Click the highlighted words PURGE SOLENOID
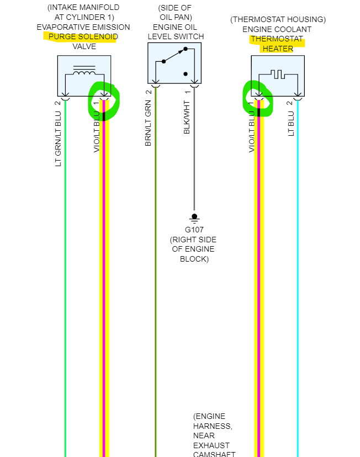pyautogui.click(x=83, y=37)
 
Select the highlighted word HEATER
pyautogui.click(x=278, y=49)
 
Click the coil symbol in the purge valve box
pyautogui.click(x=84, y=73)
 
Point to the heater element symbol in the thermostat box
pyautogui.click(x=277, y=73)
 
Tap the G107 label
pyautogui.click(x=194, y=230)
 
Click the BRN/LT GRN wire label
pyautogui.click(x=148, y=119)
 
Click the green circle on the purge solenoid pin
pyautogui.click(x=104, y=100)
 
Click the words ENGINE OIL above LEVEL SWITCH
pyautogui.click(x=174, y=26)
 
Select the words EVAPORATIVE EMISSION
pyautogui.click(x=83, y=27)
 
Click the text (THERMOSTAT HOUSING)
pyautogui.click(x=278, y=19)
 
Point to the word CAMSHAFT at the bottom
pyautogui.click(x=214, y=454)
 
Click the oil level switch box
pyautogui.click(x=174, y=63)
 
